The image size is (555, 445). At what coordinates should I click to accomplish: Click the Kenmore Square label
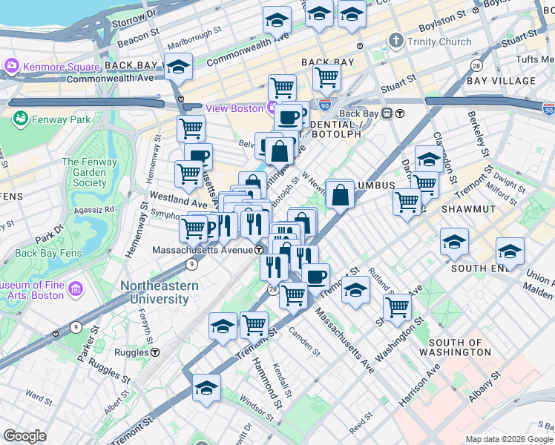pyautogui.click(x=51, y=67)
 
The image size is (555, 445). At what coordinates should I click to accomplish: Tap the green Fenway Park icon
pyautogui.click(x=19, y=119)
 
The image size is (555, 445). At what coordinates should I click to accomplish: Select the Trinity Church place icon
pyautogui.click(x=397, y=42)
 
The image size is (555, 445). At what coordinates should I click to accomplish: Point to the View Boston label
pyautogui.click(x=234, y=108)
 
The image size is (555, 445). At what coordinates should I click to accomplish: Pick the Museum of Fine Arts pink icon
pyautogui.click(x=75, y=288)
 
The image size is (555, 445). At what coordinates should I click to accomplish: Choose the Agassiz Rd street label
pyautogui.click(x=99, y=210)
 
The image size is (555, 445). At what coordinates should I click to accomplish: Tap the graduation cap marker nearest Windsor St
pyautogui.click(x=207, y=388)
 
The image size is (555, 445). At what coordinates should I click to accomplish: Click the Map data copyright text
pyautogui.click(x=508, y=439)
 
